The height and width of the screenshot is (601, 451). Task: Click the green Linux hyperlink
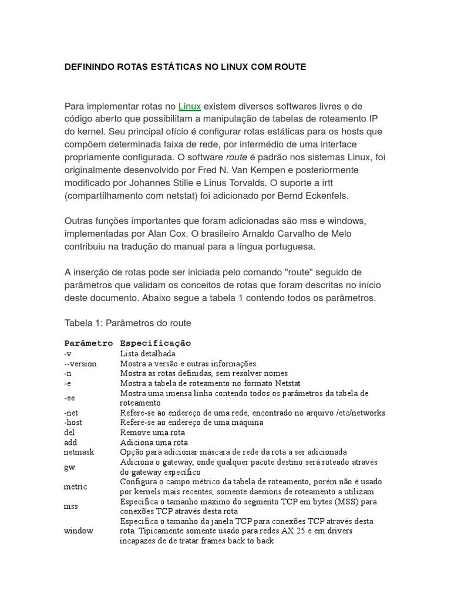(x=190, y=106)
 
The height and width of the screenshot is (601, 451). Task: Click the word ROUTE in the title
(x=287, y=67)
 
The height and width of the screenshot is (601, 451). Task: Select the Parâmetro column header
(x=88, y=343)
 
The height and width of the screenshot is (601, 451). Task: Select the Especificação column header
(x=155, y=343)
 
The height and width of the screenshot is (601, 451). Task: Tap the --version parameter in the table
(x=80, y=363)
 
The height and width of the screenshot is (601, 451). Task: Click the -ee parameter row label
(x=69, y=398)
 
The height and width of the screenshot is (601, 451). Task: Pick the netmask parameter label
(x=79, y=452)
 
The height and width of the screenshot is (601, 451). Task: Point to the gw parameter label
(x=69, y=467)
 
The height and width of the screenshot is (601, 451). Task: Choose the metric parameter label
(x=75, y=487)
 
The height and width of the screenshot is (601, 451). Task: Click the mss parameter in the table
(x=71, y=506)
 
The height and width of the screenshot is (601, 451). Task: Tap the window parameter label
(x=78, y=531)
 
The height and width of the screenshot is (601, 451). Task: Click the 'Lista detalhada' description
(x=147, y=353)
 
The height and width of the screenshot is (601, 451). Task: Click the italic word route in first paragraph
(x=236, y=157)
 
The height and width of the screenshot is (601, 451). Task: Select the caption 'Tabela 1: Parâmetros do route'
(x=127, y=323)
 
